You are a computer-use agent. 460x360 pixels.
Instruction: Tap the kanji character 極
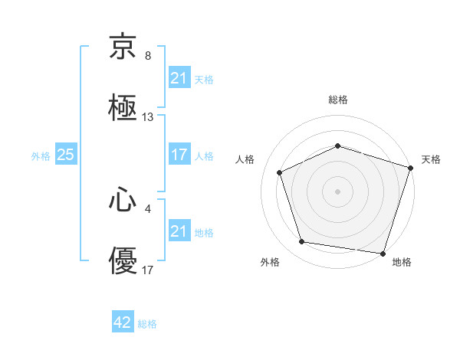(x=123, y=107)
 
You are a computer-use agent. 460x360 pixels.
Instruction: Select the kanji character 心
(x=123, y=200)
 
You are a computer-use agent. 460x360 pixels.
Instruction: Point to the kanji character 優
(x=123, y=261)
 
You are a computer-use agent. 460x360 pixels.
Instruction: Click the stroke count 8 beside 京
(x=148, y=56)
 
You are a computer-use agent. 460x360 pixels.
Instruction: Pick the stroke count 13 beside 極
(x=148, y=117)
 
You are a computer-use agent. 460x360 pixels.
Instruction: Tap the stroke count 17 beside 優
(x=148, y=270)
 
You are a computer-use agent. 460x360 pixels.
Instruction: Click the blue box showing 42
(x=123, y=322)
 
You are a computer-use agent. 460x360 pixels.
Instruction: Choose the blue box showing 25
(x=65, y=155)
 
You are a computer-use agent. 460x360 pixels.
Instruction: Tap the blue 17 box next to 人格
(x=179, y=155)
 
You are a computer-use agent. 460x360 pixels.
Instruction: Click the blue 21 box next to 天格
(x=179, y=78)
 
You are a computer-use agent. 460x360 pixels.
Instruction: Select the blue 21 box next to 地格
(x=179, y=231)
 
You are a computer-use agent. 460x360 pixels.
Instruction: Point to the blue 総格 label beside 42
(x=147, y=324)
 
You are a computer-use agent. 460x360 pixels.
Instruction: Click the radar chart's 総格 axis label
(x=338, y=100)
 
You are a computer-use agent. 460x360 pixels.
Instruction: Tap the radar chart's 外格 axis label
(x=270, y=262)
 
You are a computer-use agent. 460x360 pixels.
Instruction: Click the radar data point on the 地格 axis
(x=382, y=252)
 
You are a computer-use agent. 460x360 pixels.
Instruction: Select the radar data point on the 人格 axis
(x=281, y=172)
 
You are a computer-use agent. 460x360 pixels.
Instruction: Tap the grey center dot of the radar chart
(x=338, y=191)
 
